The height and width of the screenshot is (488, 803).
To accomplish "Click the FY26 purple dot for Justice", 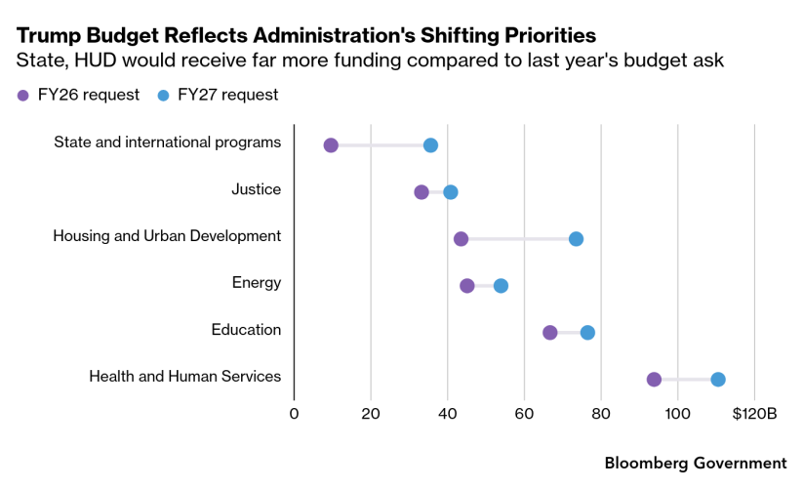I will (422, 192).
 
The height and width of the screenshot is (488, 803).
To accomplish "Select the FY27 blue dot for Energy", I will (501, 286).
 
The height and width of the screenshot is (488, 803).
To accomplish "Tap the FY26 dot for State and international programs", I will (331, 145).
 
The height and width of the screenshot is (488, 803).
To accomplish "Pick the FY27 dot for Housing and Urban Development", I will (576, 239).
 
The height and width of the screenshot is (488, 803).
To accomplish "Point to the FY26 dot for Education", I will (550, 333).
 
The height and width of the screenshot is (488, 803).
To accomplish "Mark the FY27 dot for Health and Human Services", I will (718, 380).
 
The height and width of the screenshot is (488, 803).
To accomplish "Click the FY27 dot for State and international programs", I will (430, 145).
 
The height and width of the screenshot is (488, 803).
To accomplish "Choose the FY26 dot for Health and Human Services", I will (654, 380).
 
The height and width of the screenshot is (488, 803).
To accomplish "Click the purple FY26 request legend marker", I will (23, 96).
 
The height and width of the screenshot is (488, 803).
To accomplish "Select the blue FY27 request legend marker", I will (164, 96).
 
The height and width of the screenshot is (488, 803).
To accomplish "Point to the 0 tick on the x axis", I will (294, 414).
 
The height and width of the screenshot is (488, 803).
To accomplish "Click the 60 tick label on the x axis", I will (524, 414).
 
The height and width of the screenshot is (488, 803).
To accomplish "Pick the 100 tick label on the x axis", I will (677, 414).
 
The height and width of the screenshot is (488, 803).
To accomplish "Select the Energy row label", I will (256, 283).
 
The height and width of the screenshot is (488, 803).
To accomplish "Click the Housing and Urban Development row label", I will (167, 236).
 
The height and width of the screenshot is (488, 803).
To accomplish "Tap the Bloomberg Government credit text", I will (696, 463).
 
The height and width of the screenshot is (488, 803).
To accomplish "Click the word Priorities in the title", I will (542, 35).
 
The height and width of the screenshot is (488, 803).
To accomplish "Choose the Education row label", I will (246, 330).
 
